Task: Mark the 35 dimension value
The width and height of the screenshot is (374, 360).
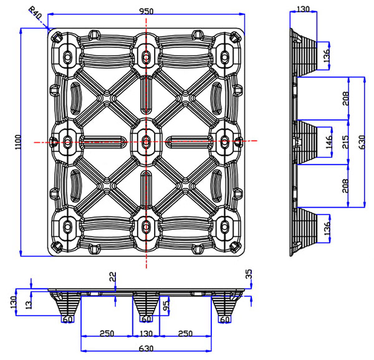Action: (x=249, y=275)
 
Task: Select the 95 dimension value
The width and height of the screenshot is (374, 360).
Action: (x=165, y=307)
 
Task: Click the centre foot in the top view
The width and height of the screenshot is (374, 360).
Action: (x=146, y=141)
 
